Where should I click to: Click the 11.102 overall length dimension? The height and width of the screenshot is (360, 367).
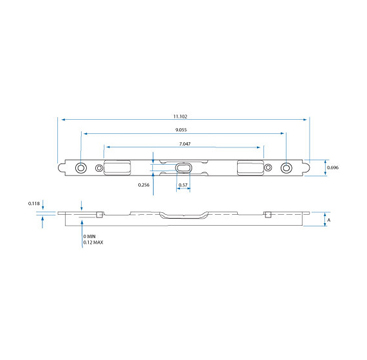(180, 116)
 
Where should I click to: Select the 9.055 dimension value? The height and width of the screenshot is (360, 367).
(181, 130)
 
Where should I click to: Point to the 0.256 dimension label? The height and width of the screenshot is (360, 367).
(143, 185)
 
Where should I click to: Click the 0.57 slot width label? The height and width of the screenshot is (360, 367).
(183, 185)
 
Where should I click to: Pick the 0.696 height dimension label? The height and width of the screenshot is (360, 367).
(333, 168)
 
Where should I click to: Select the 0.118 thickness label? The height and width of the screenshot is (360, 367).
(34, 203)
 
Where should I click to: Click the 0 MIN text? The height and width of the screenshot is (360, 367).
(90, 237)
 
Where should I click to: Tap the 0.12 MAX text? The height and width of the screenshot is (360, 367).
(93, 242)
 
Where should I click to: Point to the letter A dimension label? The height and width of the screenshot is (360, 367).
(329, 220)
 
